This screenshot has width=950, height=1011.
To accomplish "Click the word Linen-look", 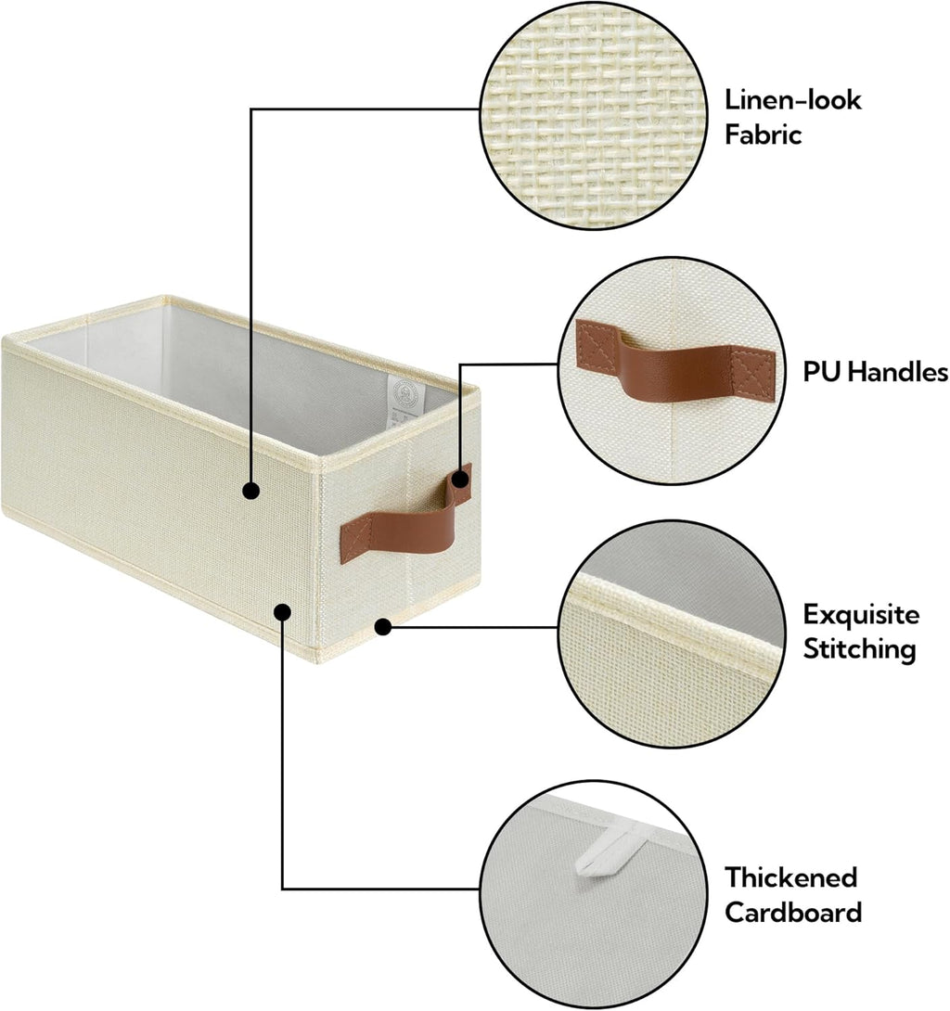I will tap(793, 100).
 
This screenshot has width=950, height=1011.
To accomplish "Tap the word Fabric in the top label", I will tap(763, 135).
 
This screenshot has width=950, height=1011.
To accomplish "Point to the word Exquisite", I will tap(861, 614).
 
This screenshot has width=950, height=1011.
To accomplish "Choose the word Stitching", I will tap(859, 648).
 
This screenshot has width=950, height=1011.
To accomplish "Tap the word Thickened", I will tap(791, 877).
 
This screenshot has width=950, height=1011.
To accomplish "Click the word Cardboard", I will tap(792, 912).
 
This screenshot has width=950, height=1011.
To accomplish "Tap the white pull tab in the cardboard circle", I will tap(601, 856).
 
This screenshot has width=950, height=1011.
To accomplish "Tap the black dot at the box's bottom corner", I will tap(381, 628).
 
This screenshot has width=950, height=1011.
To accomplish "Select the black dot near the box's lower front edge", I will tap(282, 612).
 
